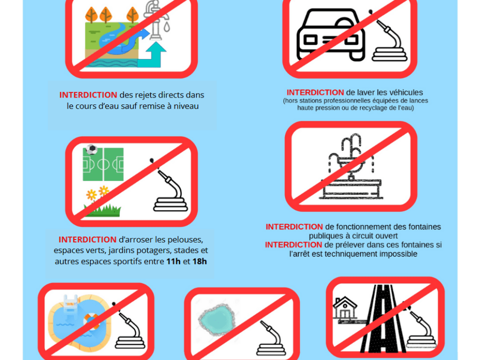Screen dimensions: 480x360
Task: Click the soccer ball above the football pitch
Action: click(x=91, y=149)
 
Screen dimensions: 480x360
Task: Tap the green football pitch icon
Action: click(x=103, y=164)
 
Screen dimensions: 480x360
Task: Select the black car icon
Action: click(x=331, y=34)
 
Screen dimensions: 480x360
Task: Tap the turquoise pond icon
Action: click(x=217, y=319)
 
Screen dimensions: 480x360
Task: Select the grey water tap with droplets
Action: click(x=156, y=20)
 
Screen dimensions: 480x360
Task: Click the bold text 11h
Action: click(x=173, y=261)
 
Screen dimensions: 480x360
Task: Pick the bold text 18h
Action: click(x=199, y=261)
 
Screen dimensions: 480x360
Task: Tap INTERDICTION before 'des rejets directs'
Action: click(x=88, y=95)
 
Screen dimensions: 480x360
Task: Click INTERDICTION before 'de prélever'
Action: click(x=293, y=245)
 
